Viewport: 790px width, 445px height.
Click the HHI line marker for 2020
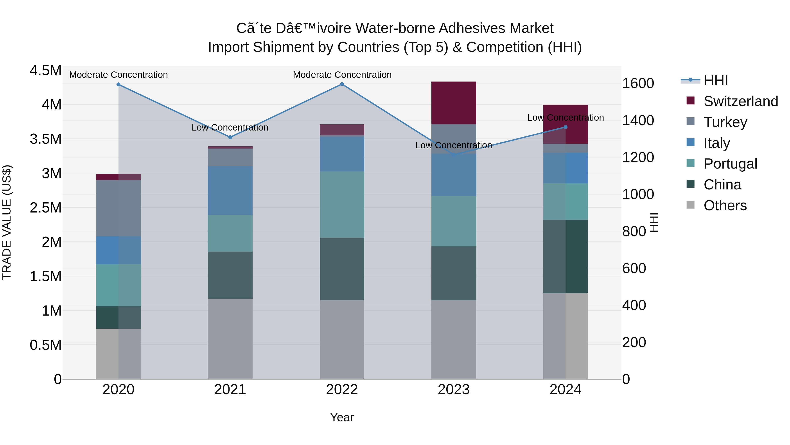118,84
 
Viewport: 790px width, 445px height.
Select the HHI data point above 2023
454,154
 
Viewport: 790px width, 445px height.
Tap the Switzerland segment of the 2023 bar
454,103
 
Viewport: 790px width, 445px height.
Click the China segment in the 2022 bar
342,269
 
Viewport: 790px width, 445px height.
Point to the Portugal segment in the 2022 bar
342,205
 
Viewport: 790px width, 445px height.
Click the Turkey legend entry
725,122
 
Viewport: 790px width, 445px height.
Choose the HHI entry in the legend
715,80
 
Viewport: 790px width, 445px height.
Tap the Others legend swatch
690,205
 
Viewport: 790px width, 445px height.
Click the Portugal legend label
730,164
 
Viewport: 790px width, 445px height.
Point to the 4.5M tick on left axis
45,71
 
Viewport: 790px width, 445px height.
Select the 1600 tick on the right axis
638,84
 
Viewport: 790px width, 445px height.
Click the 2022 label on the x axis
342,390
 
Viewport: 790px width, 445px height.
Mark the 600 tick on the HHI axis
634,268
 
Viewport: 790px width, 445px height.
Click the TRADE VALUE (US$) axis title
7,222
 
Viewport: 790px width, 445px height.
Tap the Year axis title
342,417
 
